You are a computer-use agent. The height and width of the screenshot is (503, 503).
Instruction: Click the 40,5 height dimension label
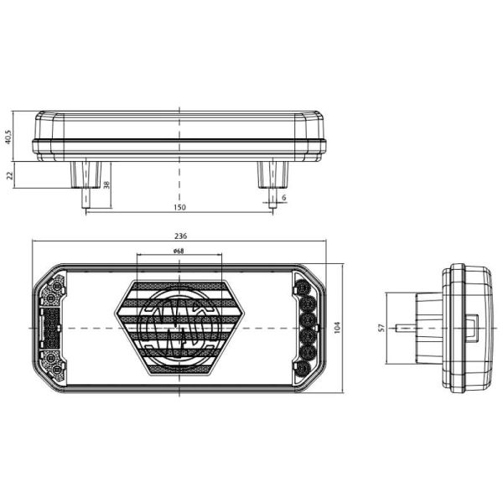8,136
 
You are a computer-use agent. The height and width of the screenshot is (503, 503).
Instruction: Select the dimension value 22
8,174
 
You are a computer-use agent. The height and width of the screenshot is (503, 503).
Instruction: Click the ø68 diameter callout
179,251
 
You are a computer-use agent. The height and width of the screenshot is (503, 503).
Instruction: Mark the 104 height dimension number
337,327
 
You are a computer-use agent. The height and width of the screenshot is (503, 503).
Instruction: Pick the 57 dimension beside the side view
380,327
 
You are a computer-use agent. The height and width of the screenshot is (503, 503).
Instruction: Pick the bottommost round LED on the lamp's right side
307,366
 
